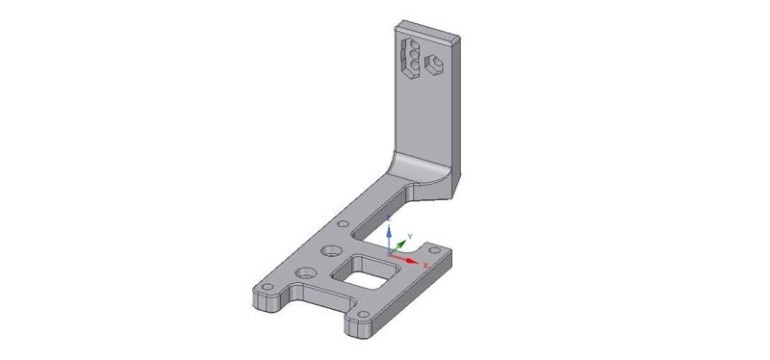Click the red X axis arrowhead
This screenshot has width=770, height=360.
pyautogui.click(x=413, y=261)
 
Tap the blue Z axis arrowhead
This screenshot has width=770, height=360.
pyautogui.click(x=389, y=231)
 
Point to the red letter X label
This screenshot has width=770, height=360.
pyautogui.click(x=425, y=266)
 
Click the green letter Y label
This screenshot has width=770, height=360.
pyautogui.click(x=410, y=236)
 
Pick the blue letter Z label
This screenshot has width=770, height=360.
pyautogui.click(x=389, y=218)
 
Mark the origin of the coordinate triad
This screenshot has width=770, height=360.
pyautogui.click(x=389, y=254)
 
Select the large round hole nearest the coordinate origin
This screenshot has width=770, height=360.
pyautogui.click(x=331, y=251)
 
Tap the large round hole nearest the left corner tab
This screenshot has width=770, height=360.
pyautogui.click(x=306, y=272)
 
